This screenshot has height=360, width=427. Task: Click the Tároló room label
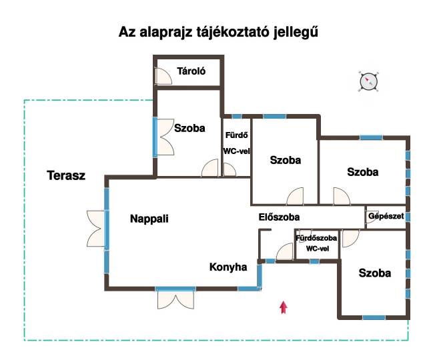[x=191, y=71]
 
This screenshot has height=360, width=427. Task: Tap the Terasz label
[x=66, y=175]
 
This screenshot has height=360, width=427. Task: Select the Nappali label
[x=149, y=219]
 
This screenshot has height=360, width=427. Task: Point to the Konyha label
[x=228, y=267]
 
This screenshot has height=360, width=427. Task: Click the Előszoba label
[x=279, y=217]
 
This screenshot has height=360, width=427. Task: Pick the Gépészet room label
[x=386, y=216]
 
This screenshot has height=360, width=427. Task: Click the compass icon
[x=368, y=81]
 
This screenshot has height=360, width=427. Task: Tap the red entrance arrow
[x=284, y=307]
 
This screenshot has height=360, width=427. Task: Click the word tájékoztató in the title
[x=234, y=33]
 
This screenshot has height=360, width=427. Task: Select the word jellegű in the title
[x=296, y=33]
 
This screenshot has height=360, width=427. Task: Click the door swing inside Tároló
[x=163, y=76]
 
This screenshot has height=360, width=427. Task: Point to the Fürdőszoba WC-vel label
[x=316, y=243]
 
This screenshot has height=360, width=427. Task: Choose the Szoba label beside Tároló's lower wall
[x=189, y=128]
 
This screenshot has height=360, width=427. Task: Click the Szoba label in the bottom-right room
[x=375, y=273]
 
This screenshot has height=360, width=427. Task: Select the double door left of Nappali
[x=96, y=229]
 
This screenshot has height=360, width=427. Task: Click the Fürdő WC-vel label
[x=236, y=143]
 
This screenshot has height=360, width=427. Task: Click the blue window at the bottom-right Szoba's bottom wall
[x=374, y=317]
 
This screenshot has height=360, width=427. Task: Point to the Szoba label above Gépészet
[x=363, y=172]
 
